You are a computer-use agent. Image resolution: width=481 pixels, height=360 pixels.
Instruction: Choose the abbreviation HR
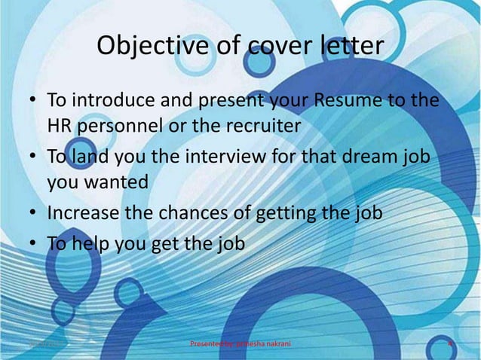point(60,124)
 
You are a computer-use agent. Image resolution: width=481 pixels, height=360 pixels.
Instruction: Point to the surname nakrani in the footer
point(274,346)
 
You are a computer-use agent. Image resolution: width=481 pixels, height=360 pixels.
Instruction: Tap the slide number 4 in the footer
point(450,346)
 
